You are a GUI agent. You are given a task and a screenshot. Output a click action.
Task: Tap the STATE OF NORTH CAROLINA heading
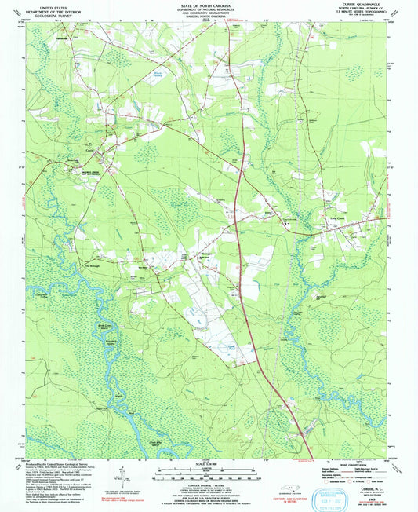208,5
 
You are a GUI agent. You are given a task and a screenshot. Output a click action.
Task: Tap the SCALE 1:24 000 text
209,463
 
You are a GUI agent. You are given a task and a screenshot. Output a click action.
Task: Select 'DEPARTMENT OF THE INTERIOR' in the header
39,9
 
